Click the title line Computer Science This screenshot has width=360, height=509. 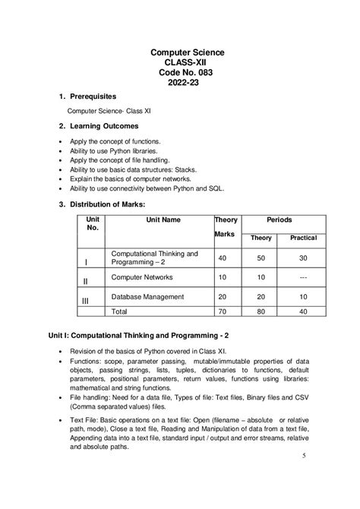[x=187, y=52]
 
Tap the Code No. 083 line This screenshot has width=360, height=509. [x=187, y=72]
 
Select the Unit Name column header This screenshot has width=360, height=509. [x=163, y=220]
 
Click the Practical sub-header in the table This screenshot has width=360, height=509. [x=303, y=238]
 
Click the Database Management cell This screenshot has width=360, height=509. [x=148, y=296]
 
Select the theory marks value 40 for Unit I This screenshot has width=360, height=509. [x=223, y=258]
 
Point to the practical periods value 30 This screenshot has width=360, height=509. [x=303, y=258]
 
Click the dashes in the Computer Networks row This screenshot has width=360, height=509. [x=303, y=278]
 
